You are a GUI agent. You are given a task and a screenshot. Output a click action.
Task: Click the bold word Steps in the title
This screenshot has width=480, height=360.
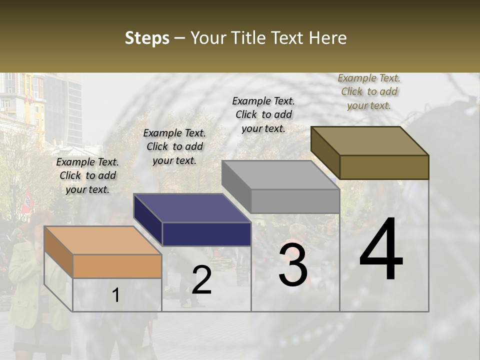[x=147, y=38]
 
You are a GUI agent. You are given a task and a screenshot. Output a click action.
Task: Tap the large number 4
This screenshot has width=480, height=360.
[x=381, y=249]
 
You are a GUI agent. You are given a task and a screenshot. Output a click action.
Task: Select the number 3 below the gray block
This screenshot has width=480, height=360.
[x=293, y=265]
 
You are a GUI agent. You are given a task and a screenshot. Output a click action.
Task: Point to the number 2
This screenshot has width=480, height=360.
[x=201, y=280]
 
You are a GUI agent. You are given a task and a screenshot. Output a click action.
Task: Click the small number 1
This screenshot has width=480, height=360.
[x=115, y=295]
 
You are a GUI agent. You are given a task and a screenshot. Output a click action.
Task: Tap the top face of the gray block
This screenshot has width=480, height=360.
[x=280, y=175]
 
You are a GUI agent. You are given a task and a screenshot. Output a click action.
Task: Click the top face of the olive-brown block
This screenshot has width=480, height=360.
[x=369, y=141]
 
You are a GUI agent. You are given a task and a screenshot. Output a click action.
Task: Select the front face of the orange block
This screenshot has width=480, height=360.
[x=117, y=266]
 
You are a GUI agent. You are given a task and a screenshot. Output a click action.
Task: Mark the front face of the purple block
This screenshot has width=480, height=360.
[x=206, y=234]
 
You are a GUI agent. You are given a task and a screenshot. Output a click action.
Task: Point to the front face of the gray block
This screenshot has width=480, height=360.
[x=295, y=201]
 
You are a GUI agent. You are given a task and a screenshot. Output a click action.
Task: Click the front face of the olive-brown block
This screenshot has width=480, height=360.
[x=384, y=167]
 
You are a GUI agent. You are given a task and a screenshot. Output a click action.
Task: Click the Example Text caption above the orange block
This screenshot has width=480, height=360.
[x=87, y=175]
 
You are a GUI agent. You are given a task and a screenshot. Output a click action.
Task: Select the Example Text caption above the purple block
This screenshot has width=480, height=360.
[x=174, y=146]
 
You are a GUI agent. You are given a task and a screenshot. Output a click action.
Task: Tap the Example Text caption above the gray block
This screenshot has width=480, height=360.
[x=263, y=114]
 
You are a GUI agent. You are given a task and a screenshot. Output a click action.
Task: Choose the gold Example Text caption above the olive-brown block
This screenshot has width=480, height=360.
[x=369, y=91]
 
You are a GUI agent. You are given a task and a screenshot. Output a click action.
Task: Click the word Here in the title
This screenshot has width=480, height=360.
[x=328, y=38]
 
